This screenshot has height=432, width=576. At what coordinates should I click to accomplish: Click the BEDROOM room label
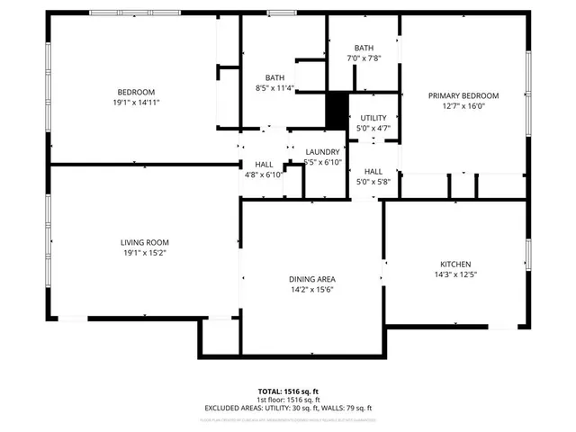tap(137, 92)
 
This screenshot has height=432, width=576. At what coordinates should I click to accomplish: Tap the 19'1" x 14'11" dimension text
tap(137, 103)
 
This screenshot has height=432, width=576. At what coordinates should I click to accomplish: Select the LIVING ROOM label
tap(145, 242)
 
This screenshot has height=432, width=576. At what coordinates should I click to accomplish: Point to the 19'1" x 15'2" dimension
tap(145, 253)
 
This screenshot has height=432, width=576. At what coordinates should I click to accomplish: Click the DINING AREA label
tap(312, 280)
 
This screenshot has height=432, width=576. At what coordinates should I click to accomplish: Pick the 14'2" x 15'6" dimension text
tap(312, 291)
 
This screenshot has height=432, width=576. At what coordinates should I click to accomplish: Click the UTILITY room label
tap(373, 118)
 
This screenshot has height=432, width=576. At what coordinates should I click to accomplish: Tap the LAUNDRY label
tap(322, 151)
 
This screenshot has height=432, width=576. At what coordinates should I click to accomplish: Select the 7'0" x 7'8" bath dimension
tap(364, 58)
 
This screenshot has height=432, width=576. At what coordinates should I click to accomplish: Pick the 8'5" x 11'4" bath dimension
tap(275, 88)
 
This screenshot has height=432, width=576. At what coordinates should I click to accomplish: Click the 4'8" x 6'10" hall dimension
tap(264, 175)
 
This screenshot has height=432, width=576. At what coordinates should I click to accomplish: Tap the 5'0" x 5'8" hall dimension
tap(373, 182)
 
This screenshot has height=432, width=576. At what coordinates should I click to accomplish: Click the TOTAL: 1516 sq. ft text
tap(288, 391)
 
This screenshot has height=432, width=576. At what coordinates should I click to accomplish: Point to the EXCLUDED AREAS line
tap(288, 407)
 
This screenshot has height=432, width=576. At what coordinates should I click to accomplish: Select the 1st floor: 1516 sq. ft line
tap(288, 399)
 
